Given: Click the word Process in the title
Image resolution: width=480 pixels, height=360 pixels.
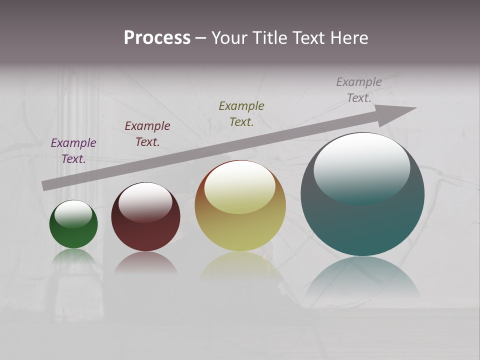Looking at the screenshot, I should click(157, 38).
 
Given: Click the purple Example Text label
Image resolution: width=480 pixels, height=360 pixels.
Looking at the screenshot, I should click(73, 150).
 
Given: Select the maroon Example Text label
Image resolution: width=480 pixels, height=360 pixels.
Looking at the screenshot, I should click(147, 133).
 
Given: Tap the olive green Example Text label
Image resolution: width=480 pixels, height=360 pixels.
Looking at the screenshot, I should click(241, 113).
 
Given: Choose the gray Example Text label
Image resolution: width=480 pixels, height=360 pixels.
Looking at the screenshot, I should click(359, 89).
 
